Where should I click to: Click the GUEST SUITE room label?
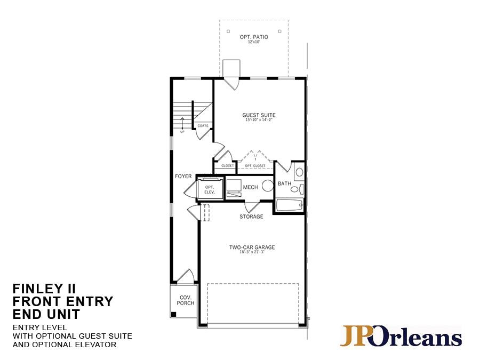pyautogui.click(x=259, y=115)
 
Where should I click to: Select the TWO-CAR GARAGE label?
pyautogui.click(x=252, y=247)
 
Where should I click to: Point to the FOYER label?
pyautogui.click(x=183, y=176)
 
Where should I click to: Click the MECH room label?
pyautogui.click(x=250, y=187)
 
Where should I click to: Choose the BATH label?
pyautogui.click(x=284, y=183)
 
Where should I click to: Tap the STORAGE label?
pyautogui.click(x=251, y=217)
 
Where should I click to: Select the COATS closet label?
pyautogui.click(x=203, y=126)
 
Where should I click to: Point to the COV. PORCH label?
pyautogui.click(x=185, y=300)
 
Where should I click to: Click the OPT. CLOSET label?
pyautogui.click(x=255, y=166)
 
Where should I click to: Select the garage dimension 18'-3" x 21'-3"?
pyautogui.click(x=252, y=252)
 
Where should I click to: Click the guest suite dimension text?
pyautogui.click(x=259, y=121)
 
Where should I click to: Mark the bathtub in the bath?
pyautogui.click(x=289, y=205)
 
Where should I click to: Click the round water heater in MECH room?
pyautogui.click(x=267, y=186)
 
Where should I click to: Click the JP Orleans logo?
pyautogui.click(x=401, y=337)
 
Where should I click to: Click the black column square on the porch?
pyautogui.click(x=173, y=314)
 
